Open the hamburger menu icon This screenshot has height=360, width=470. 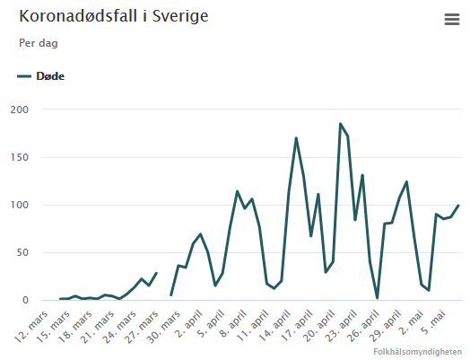point(451,20)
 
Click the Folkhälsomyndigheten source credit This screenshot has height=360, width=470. point(418,352)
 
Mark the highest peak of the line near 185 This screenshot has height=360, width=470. point(341,124)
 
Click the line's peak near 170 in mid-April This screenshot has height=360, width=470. point(296,138)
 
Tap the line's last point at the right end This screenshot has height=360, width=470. point(458,206)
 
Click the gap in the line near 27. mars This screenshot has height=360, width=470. point(163,284)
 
